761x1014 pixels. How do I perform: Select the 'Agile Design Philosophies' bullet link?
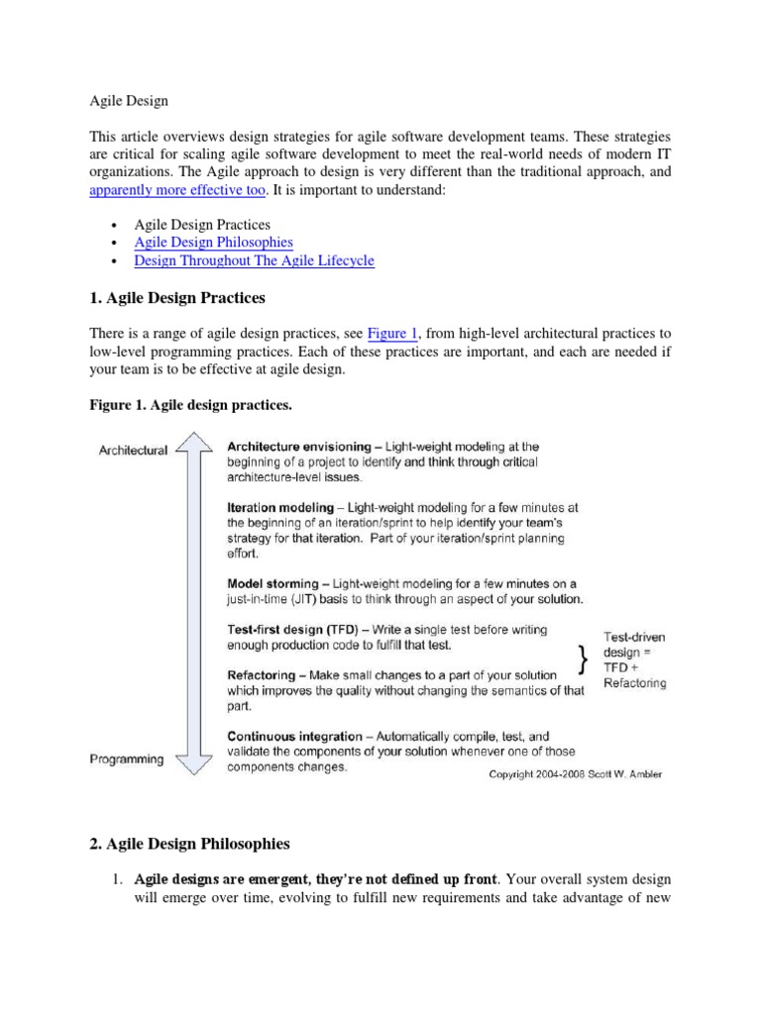(213, 242)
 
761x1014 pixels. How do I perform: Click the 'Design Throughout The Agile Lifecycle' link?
(254, 260)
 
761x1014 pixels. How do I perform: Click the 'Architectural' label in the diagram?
(133, 450)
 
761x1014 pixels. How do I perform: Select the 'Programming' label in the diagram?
(127, 759)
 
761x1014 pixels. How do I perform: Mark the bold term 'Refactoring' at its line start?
(265, 674)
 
